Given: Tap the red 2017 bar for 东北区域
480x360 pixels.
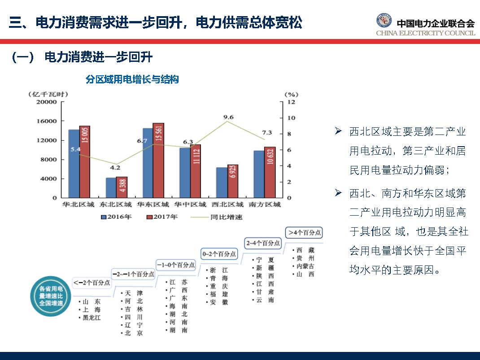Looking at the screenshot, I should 122,187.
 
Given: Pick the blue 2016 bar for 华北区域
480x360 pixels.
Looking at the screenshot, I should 74,163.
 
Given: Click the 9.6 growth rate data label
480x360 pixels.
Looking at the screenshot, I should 228,117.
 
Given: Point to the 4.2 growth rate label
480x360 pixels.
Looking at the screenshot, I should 115,168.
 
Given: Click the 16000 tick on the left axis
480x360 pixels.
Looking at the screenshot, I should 47,121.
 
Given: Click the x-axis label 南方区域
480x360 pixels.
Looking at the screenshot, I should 264,205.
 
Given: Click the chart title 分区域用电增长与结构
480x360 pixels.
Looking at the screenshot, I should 132,80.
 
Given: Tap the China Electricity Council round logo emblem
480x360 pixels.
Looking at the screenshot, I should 384,21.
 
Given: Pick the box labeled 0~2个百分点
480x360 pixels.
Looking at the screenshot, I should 220,254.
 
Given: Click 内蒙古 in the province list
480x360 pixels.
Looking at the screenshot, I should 305,266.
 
